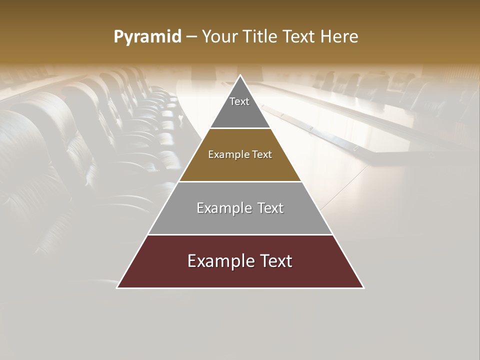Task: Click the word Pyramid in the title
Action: tap(147, 37)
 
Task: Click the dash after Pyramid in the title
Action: tap(191, 37)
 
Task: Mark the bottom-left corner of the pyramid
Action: tap(117, 287)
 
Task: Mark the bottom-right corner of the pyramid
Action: tap(363, 287)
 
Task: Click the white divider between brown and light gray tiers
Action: tap(240, 181)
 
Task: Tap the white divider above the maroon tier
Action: tap(240, 234)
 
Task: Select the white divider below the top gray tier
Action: tap(240, 128)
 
